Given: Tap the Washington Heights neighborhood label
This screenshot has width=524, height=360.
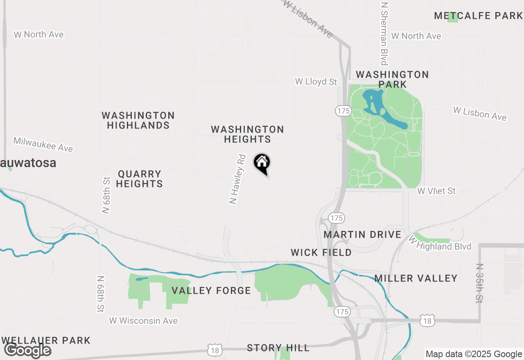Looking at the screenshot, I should pos(247,135).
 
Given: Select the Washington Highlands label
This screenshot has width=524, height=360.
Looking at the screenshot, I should pos(138,120).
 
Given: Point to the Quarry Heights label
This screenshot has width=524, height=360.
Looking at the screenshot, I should pos(139,179).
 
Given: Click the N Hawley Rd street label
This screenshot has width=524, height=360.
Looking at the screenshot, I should pos(237,179).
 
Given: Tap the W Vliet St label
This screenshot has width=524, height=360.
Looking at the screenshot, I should pos(436,191).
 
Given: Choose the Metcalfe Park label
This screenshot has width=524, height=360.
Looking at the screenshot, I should pos(478,16).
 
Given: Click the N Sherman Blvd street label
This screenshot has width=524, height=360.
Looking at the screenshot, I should pos(384,33).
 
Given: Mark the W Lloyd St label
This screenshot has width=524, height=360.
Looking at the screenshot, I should pos(316,82).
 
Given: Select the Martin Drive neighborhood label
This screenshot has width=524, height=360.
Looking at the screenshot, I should pos(362,234).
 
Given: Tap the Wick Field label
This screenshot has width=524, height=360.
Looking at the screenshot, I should pos(321,252).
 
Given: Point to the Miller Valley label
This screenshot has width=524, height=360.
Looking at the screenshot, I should pos(416,278).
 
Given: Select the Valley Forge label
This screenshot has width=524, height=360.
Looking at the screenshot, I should pos(211,290).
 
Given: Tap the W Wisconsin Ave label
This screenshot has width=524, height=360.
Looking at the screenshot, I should pos(143,321).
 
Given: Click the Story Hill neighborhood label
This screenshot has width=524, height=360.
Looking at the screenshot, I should pos(278,348).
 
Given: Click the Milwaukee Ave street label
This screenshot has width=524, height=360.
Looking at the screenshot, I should pos(43,144).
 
